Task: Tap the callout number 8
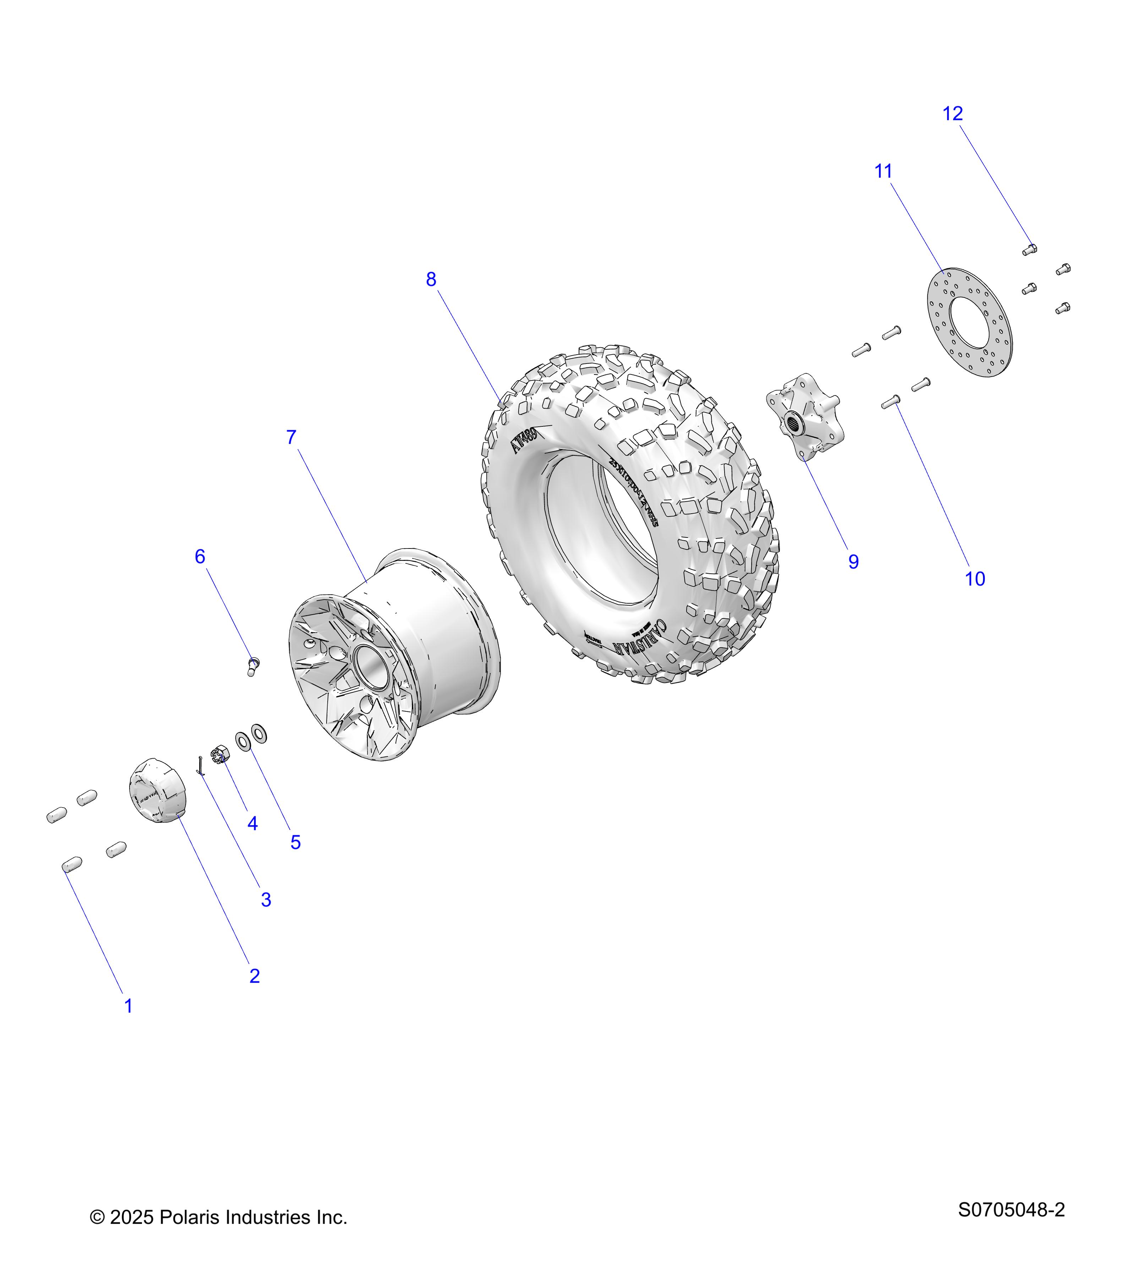click(431, 279)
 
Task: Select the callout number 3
click(266, 900)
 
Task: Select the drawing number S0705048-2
click(1011, 1210)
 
